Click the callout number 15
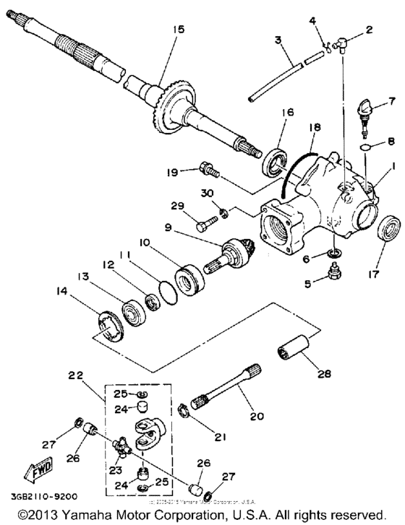[179, 29]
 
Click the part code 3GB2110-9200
[41, 497]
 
